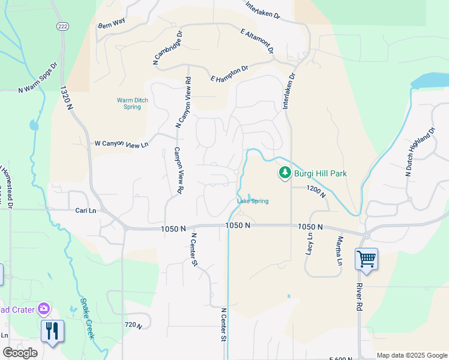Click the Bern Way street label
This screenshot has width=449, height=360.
click(x=112, y=22)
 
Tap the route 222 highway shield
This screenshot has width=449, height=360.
click(x=62, y=26)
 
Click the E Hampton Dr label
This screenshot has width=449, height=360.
click(x=229, y=74)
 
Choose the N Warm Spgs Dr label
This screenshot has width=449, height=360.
click(x=37, y=77)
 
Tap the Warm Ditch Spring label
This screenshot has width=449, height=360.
click(x=129, y=103)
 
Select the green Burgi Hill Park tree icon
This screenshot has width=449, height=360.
click(x=284, y=173)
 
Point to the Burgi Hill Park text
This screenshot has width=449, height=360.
click(x=320, y=173)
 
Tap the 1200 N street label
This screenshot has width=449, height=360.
click(x=315, y=192)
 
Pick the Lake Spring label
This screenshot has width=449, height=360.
click(x=252, y=201)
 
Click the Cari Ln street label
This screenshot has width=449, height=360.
click(x=86, y=211)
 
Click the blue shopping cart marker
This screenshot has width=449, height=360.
click(x=366, y=259)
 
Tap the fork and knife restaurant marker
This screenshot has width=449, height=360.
click(x=52, y=331)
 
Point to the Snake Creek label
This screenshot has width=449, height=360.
click(x=88, y=320)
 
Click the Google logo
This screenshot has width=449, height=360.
click(x=20, y=353)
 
